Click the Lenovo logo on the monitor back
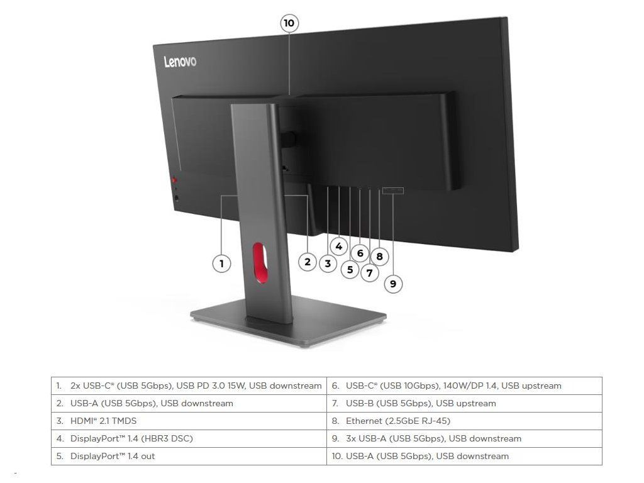pos(180,62)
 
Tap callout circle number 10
pos(289,24)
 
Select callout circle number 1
pos(221,264)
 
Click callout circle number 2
pos(307,262)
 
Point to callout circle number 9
pos(393,284)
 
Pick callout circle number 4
pos(338,246)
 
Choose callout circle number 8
pos(379,256)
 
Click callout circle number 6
pos(360,253)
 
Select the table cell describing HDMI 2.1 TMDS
pos(188,421)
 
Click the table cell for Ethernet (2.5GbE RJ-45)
pos(464,421)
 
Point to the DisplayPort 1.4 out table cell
pos(188,456)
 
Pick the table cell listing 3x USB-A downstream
pos(464,438)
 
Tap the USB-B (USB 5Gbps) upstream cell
pos(464,403)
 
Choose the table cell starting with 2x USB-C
pos(188,386)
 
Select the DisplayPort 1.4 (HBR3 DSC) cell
pos(188,438)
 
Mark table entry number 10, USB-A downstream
pos(464,456)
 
